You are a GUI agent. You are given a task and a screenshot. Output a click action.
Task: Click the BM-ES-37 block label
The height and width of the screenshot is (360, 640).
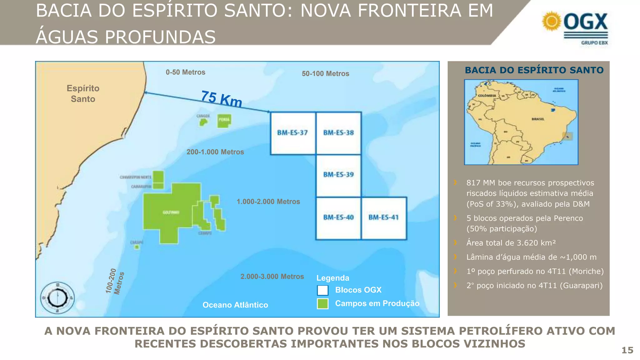click(x=292, y=133)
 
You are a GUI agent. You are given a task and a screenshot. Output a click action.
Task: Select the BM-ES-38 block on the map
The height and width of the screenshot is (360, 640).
click(x=338, y=133)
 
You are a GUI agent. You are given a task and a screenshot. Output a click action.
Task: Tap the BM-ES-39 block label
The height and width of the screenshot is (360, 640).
click(x=338, y=175)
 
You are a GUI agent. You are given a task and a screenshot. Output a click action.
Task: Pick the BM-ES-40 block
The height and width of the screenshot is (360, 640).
click(x=338, y=217)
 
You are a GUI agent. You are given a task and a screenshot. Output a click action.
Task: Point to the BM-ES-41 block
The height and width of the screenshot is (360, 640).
click(x=384, y=217)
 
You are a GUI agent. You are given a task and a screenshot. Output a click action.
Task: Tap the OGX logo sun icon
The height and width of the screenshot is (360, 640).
click(x=552, y=21)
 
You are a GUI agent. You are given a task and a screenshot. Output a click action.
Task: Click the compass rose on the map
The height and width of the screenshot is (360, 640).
click(x=57, y=298)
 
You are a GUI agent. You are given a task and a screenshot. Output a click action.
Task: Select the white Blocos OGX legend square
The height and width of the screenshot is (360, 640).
click(x=322, y=290)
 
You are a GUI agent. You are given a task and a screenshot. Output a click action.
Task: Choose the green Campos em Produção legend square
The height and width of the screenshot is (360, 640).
click(x=322, y=304)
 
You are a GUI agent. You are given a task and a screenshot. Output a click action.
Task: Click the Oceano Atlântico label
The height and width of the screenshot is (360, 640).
click(x=235, y=305)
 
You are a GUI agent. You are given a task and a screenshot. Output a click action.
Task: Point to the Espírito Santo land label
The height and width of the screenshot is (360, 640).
click(x=83, y=93)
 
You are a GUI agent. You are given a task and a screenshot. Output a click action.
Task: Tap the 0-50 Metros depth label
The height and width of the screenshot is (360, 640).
click(x=185, y=72)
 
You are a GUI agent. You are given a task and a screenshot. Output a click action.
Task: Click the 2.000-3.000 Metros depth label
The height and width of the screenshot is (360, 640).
click(x=272, y=277)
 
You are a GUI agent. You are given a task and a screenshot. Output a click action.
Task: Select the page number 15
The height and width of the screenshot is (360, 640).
click(x=627, y=350)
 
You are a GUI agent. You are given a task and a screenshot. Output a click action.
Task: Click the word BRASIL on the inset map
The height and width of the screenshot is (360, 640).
click(x=538, y=119)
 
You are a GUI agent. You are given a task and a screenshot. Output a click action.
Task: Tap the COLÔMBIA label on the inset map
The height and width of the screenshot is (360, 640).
click(x=487, y=96)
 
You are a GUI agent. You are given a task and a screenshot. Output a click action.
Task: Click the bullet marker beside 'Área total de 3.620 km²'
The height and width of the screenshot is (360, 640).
click(x=455, y=242)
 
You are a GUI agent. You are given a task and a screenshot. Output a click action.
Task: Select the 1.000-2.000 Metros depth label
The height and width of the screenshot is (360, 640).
click(x=268, y=202)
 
